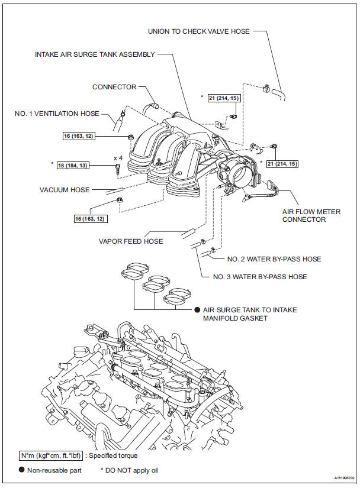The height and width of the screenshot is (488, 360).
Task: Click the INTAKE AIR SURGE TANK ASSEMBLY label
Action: [95, 54]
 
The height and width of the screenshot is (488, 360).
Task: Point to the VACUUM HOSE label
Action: [65, 190]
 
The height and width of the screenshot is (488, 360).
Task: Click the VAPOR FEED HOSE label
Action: [131, 241]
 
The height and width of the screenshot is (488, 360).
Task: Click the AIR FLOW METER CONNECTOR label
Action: [312, 215]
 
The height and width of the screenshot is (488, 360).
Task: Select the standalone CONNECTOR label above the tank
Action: [114, 87]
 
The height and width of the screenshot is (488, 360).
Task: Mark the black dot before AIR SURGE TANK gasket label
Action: [197, 310]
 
